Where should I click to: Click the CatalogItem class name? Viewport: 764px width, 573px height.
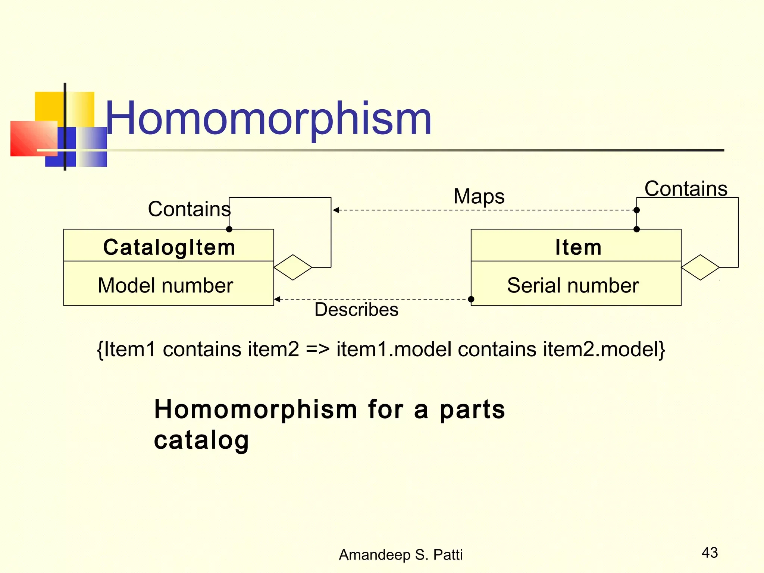pyautogui.click(x=169, y=247)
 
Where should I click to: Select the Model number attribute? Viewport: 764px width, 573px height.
pyautogui.click(x=165, y=285)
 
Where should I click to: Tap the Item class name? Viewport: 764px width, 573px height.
pyautogui.click(x=578, y=247)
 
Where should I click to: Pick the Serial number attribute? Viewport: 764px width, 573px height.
pyautogui.click(x=573, y=285)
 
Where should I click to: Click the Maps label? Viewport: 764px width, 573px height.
pyautogui.click(x=479, y=196)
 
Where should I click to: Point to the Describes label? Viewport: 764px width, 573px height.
pyautogui.click(x=356, y=310)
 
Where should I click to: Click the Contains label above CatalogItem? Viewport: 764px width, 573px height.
pyautogui.click(x=189, y=209)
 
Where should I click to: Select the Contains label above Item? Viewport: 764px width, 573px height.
pyautogui.click(x=686, y=189)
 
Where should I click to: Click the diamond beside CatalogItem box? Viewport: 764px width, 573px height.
pyautogui.click(x=293, y=267)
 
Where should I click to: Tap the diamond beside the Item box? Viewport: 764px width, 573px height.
pyautogui.click(x=700, y=267)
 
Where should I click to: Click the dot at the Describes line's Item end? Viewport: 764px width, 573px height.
pyautogui.click(x=471, y=299)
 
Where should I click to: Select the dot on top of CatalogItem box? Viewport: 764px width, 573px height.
pyautogui.click(x=229, y=229)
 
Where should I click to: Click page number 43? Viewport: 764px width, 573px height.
pyautogui.click(x=710, y=552)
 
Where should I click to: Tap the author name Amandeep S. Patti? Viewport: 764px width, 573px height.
pyautogui.click(x=400, y=555)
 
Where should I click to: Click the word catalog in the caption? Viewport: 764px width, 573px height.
pyautogui.click(x=201, y=441)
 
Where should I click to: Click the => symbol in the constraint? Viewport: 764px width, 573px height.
pyautogui.click(x=317, y=350)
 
